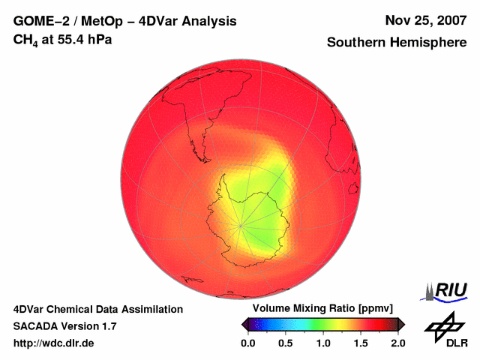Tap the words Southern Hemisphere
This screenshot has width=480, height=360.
pyautogui.click(x=397, y=43)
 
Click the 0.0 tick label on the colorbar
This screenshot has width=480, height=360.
pyautogui.click(x=248, y=343)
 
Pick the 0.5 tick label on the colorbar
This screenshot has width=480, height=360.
pyautogui.click(x=286, y=343)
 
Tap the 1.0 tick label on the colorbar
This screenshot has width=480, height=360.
pyautogui.click(x=323, y=343)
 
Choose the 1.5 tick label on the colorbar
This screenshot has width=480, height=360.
pyautogui.click(x=361, y=343)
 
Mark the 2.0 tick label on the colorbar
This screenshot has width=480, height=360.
pyautogui.click(x=397, y=343)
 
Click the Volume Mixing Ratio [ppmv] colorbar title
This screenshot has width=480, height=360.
pyautogui.click(x=322, y=309)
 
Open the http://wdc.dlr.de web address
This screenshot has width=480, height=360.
pyautogui.click(x=54, y=343)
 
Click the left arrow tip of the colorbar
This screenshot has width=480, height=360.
pyautogui.click(x=243, y=324)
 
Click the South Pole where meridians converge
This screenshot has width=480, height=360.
pyautogui.click(x=241, y=224)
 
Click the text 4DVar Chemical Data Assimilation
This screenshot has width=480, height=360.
pyautogui.click(x=98, y=309)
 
